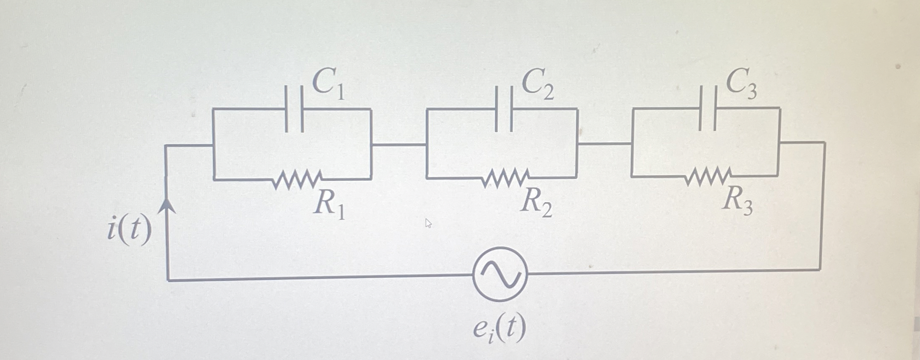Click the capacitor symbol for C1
pos(294,109)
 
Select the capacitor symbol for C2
pos(504,109)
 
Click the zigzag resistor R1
pos(298,179)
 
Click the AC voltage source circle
pos(500,274)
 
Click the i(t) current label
pos(129,229)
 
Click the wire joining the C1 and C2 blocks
pos(399,145)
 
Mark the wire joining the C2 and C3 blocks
pos(604,144)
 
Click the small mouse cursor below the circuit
pos(428,223)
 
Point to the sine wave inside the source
pos(500,274)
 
